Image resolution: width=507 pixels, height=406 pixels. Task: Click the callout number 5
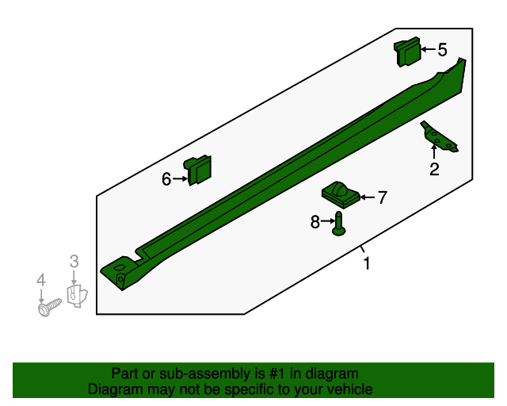pos(442,50)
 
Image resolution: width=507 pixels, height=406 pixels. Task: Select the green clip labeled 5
pos(407,52)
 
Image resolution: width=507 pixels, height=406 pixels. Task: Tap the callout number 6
pos(166,179)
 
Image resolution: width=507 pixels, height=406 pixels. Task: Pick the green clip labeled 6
pos(197,170)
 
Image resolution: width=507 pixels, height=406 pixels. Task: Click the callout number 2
pos(434,169)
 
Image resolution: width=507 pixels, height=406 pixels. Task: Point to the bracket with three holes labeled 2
pos(439,137)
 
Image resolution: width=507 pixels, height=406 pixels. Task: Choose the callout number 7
pos(383,197)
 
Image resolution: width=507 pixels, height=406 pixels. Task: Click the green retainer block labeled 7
pos(341,194)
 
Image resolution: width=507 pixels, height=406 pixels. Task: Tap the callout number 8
pos(315,222)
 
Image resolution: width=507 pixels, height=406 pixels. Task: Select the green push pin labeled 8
pos(338,224)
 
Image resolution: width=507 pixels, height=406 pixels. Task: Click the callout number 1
pos(366,263)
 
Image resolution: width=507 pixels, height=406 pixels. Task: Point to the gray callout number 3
pos(74,261)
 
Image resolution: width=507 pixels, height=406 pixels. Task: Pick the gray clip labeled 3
pos(78,296)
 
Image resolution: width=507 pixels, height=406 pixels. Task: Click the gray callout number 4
pos(40,280)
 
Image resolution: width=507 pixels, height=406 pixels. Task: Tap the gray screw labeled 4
pos(49,307)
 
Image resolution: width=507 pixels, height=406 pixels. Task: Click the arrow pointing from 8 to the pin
pos(327,220)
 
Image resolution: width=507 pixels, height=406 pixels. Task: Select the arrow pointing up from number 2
pos(434,151)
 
